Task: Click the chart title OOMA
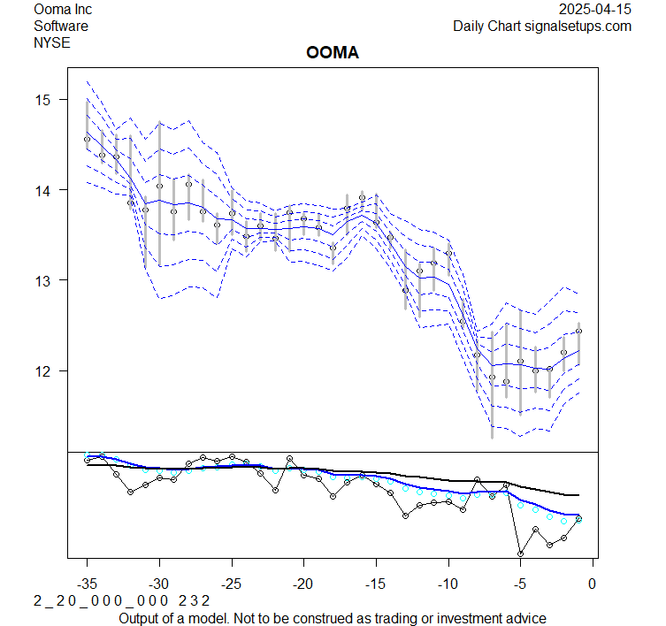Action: click(x=332, y=54)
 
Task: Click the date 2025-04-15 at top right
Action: click(x=596, y=10)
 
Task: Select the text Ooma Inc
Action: click(x=63, y=10)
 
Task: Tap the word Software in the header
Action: click(x=61, y=26)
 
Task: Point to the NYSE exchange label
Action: click(x=52, y=42)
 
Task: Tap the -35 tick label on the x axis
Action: click(x=87, y=584)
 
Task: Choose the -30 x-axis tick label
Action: click(x=159, y=584)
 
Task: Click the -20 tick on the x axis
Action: click(x=303, y=584)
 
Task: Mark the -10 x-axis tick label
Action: click(x=448, y=584)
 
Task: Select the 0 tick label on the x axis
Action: click(x=592, y=584)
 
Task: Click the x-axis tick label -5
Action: click(x=520, y=584)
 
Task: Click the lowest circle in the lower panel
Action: click(x=520, y=553)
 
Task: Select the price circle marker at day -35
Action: click(x=87, y=139)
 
